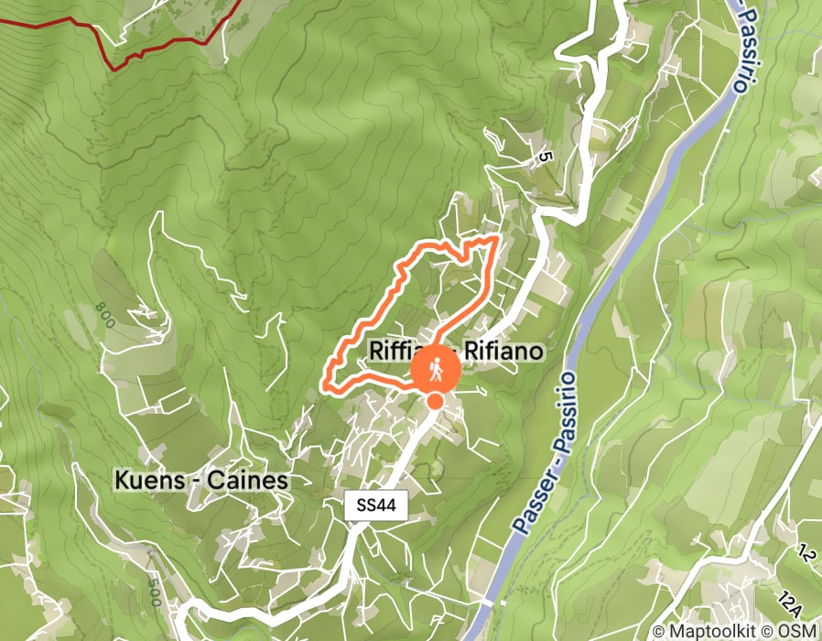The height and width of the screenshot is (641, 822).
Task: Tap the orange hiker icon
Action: pyautogui.click(x=436, y=369)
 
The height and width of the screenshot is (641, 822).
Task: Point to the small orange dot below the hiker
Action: pyautogui.click(x=435, y=400)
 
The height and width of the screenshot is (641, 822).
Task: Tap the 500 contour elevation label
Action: pyautogui.click(x=156, y=591)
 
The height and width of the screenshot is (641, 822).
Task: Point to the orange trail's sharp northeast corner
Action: pyautogui.click(x=496, y=238)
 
